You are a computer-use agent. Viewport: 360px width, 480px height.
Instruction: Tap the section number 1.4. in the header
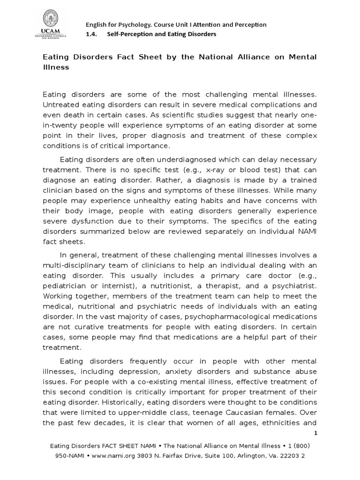pyautogui.click(x=91, y=34)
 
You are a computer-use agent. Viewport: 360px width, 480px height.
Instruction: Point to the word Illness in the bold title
pyautogui.click(x=56, y=67)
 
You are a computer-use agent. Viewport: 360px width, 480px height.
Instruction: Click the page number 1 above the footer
pyautogui.click(x=315, y=433)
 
